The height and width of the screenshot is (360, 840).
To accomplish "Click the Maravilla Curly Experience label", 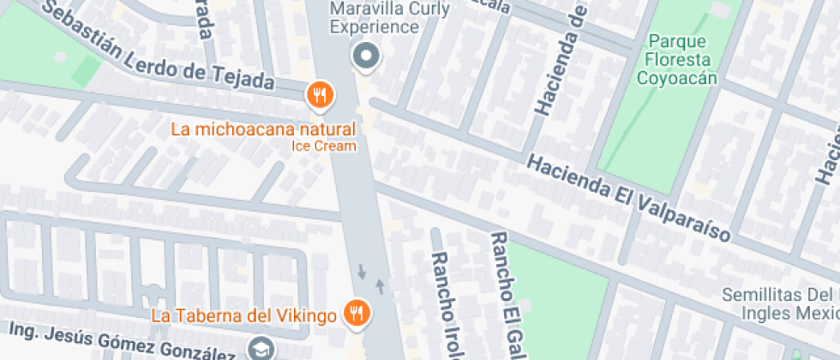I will click(375, 18).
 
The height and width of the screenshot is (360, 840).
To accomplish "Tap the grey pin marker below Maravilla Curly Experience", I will click(367, 57).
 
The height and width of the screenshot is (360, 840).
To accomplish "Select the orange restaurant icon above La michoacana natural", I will click(320, 95).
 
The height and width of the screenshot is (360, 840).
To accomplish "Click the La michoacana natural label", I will click(263, 130).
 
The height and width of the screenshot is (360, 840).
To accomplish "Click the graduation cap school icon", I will click(259, 348).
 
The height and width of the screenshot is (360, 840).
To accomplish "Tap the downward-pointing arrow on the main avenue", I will click(362, 273).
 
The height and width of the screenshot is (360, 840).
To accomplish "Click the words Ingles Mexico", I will click(790, 313).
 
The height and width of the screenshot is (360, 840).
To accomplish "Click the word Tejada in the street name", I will click(245, 80).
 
